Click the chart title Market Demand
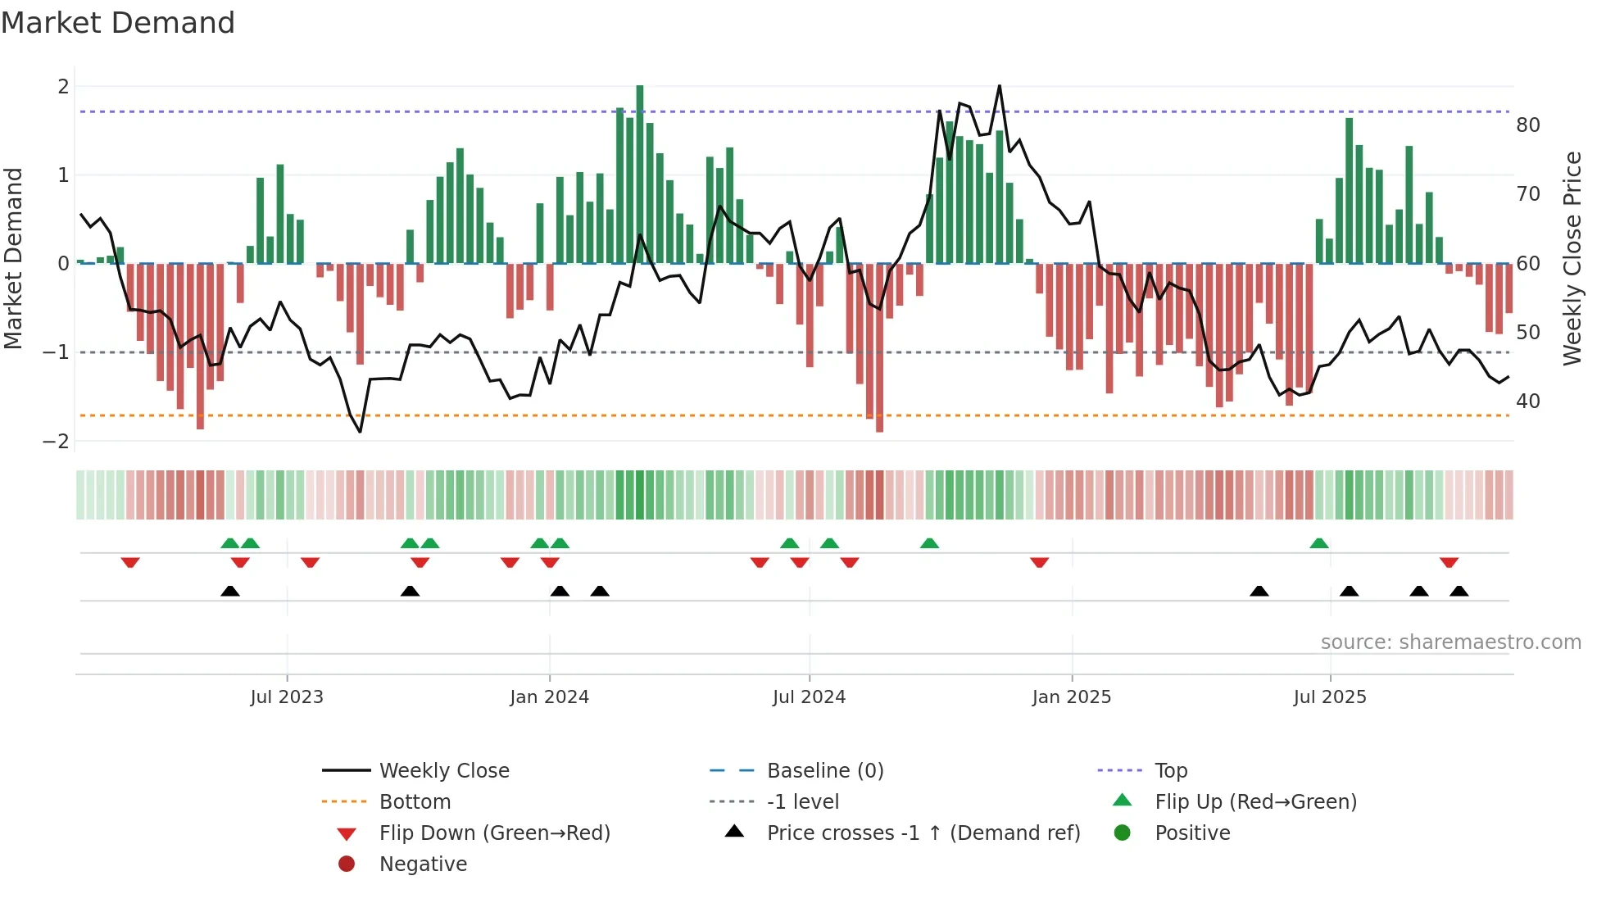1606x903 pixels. pyautogui.click(x=118, y=23)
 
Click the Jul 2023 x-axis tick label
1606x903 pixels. pyautogui.click(x=287, y=697)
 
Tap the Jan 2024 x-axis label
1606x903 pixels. pyautogui.click(x=549, y=697)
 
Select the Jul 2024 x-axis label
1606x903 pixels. pyautogui.click(x=809, y=697)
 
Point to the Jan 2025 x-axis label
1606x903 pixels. pyautogui.click(x=1071, y=697)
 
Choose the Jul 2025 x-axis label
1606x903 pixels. pyautogui.click(x=1330, y=697)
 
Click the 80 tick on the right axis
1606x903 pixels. pyautogui.click(x=1528, y=125)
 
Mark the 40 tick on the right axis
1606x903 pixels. pyautogui.click(x=1528, y=402)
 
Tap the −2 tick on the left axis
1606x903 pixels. pyautogui.click(x=57, y=442)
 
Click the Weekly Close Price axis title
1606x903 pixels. pyautogui.click(x=1572, y=258)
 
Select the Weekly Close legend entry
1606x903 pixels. pyautogui.click(x=443, y=771)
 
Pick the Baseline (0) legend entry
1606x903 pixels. pyautogui.click(x=824, y=771)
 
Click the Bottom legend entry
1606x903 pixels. pyautogui.click(x=415, y=802)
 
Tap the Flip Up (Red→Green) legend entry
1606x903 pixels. pyautogui.click(x=1255, y=802)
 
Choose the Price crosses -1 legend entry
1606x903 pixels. pyautogui.click(x=923, y=833)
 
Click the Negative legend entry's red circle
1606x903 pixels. pyautogui.click(x=347, y=864)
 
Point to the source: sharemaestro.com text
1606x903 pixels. pyautogui.click(x=1450, y=642)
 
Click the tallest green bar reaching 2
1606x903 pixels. pyautogui.click(x=640, y=172)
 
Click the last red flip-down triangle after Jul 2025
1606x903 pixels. pyautogui.click(x=1449, y=563)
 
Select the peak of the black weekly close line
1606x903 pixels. pyautogui.click(x=999, y=86)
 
